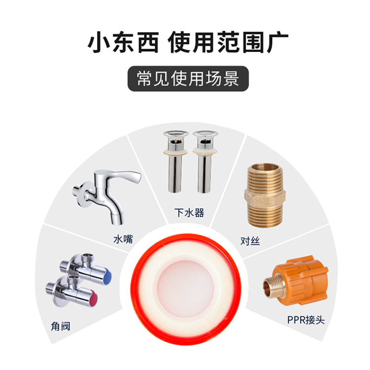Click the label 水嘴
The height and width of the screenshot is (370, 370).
click(123, 239)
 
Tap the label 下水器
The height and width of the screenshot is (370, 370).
click(189, 213)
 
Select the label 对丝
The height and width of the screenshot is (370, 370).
click(250, 241)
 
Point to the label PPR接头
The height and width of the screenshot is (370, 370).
click(306, 320)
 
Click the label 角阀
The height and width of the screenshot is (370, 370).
click(61, 327)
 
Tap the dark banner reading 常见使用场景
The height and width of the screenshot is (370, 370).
click(188, 78)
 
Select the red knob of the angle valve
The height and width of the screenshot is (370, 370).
click(93, 298)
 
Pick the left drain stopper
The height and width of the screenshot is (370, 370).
click(176, 162)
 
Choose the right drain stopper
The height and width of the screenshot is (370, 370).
click(205, 162)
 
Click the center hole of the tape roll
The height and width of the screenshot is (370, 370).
click(185, 289)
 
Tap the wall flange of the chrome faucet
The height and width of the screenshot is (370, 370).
click(82, 195)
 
